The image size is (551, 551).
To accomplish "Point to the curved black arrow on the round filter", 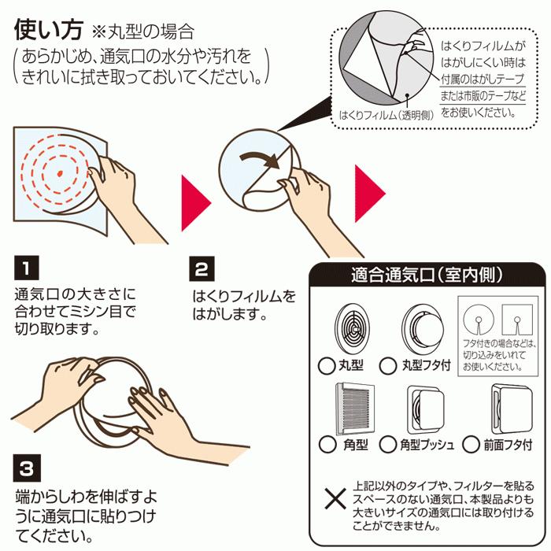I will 260,158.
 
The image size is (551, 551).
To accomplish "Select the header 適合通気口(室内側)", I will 427,276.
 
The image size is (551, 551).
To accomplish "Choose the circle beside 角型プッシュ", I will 388,445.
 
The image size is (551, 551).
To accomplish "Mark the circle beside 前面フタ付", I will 471,445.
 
